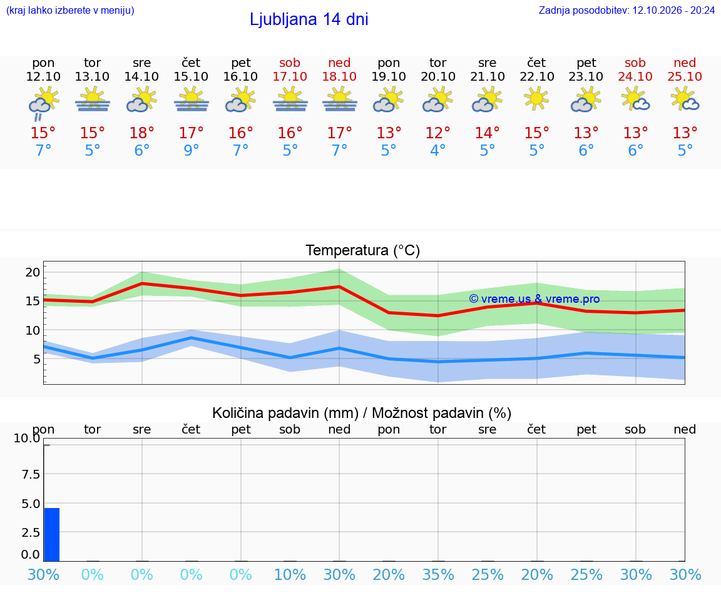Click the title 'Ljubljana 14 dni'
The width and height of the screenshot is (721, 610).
coord(309,19)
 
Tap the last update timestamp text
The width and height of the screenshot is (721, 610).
coord(626,10)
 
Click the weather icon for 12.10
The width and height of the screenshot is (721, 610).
coord(43,103)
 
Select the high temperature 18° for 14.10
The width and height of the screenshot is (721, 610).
coord(141,133)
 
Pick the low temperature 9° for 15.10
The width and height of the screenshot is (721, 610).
coord(192,150)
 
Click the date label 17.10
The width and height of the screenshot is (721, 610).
coord(290,76)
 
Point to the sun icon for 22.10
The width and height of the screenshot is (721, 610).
coord(536,99)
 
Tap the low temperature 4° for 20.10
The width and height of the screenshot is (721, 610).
coord(437,150)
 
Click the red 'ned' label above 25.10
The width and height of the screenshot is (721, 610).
coord(685,63)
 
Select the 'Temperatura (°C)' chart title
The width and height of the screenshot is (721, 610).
coord(363,250)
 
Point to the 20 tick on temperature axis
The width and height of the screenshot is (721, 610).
coord(33,272)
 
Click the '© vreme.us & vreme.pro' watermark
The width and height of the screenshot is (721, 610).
coord(534,299)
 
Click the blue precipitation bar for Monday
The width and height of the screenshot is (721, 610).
coord(52,535)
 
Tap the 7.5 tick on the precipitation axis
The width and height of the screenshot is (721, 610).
coord(31,474)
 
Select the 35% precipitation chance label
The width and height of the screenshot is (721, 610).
coord(438,574)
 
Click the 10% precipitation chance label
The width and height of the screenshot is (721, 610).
coord(290,574)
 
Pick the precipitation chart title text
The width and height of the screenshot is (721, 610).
coord(362,413)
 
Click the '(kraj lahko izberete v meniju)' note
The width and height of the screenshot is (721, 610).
coord(70,10)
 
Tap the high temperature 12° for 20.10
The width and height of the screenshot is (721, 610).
coord(437,133)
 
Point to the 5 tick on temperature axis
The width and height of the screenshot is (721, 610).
coord(37,359)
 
